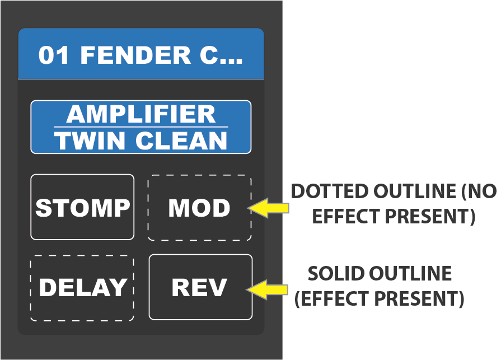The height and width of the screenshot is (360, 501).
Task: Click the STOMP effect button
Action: [x=82, y=207]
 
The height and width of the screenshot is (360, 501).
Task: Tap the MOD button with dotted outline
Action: [x=199, y=208]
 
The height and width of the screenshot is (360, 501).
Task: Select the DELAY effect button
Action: [x=82, y=288]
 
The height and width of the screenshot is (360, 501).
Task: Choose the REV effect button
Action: [x=200, y=287]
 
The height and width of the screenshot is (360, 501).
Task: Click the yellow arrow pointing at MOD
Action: [x=268, y=208]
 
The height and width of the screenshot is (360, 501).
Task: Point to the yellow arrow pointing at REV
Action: [x=268, y=289]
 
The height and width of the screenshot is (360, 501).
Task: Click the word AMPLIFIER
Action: [x=141, y=115]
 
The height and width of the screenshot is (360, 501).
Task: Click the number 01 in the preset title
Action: [x=53, y=55]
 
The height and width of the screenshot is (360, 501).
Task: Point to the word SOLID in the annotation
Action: [x=334, y=273]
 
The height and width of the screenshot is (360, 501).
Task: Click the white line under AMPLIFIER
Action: [x=141, y=128]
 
